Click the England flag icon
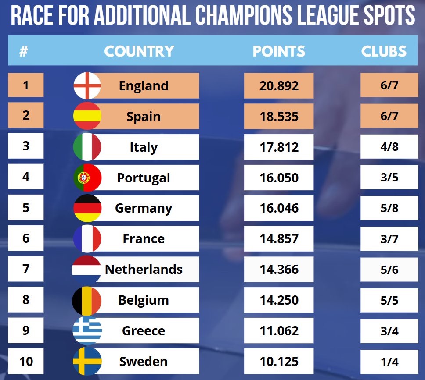[87, 85]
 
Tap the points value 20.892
[279, 86]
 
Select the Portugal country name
[144, 178]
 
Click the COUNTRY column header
[139, 51]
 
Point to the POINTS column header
[279, 51]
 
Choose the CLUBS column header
[384, 51]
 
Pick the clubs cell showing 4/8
[389, 146]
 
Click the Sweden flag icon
[87, 361]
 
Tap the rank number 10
[26, 361]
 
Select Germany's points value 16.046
[279, 208]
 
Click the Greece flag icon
[87, 330]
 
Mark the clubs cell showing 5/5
[389, 300]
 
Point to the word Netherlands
[144, 269]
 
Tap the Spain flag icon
[87, 116]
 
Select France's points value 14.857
[279, 239]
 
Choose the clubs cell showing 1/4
[389, 362]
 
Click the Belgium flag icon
[87, 300]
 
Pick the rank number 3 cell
[26, 146]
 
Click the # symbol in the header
[24, 51]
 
